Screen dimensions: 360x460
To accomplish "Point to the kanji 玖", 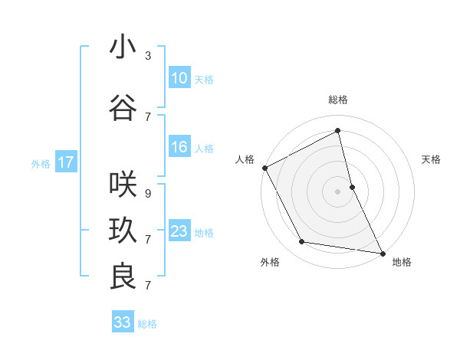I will point(123,230).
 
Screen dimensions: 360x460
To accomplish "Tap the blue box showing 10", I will point(179,78).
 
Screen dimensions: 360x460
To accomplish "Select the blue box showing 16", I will point(179,147).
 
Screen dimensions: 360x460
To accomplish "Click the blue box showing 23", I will point(179,231).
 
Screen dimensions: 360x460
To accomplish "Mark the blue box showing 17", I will point(65,162).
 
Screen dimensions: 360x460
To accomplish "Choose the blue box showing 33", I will point(122,322).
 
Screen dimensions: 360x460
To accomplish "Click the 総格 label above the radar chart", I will point(338,100).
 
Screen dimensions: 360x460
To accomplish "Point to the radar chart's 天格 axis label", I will point(432,159).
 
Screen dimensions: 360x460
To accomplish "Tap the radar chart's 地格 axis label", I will point(402,262).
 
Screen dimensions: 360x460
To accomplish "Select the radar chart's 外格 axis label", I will point(270,262).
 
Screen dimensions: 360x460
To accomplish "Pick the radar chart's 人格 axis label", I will point(245,159).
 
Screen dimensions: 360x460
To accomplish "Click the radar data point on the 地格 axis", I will point(382,253).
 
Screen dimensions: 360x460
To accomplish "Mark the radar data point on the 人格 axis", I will point(264,168).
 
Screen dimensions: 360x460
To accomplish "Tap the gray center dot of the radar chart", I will point(338,191).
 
